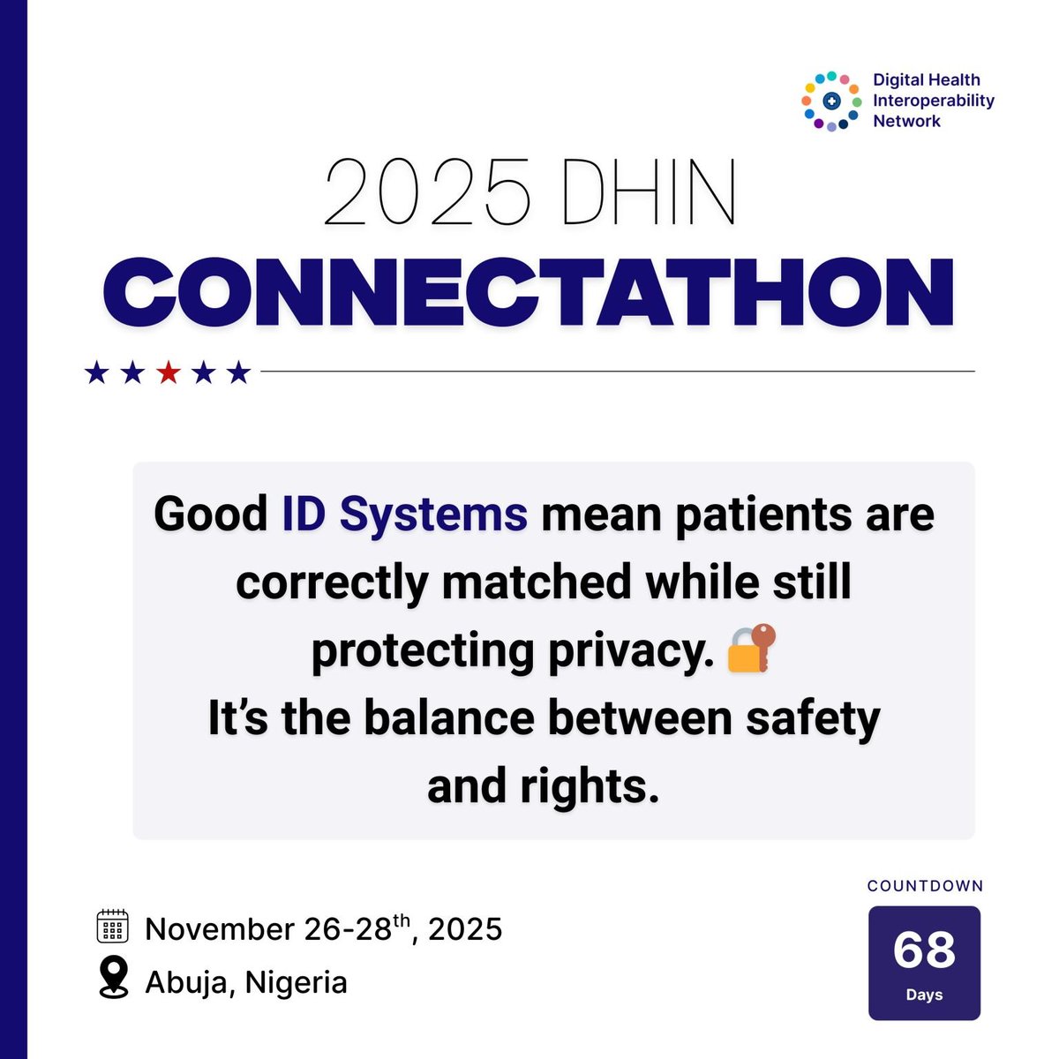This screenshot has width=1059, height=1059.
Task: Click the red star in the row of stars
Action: (x=168, y=373)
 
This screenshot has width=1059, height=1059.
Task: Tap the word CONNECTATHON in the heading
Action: (x=529, y=292)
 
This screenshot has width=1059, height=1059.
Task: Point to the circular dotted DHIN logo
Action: (x=830, y=101)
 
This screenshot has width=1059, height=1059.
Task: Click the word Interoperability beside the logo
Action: (x=933, y=101)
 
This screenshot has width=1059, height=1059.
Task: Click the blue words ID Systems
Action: (x=405, y=514)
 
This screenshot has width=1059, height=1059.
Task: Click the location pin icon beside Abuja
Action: (x=112, y=979)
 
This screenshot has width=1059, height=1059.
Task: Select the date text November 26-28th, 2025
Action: (x=323, y=928)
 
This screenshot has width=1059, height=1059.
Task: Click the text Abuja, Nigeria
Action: (x=246, y=982)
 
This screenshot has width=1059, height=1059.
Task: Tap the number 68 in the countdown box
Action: (x=924, y=950)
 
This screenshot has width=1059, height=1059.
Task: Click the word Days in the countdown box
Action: (x=924, y=995)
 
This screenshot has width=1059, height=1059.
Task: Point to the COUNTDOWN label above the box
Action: (x=925, y=886)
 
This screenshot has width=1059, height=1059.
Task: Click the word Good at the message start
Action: (x=211, y=514)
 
